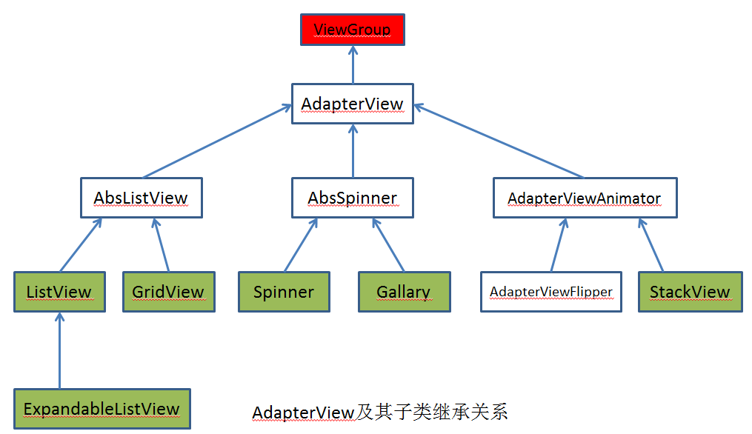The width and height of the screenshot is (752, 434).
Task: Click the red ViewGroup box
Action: (353, 30)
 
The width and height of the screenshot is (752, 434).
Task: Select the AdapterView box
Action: (353, 104)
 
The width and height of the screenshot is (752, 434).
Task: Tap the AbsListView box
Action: (142, 198)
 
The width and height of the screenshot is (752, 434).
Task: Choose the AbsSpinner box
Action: (353, 198)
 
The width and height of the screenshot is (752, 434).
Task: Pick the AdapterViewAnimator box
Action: (585, 198)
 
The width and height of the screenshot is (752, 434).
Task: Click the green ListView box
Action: (59, 292)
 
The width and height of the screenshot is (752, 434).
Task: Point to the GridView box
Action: (169, 292)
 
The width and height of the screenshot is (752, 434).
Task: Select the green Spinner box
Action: (284, 292)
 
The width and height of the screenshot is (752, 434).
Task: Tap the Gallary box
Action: (405, 292)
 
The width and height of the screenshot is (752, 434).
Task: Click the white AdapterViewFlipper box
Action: (551, 292)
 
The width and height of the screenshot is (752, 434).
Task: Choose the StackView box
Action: (690, 292)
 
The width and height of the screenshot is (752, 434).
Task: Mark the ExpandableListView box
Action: (102, 409)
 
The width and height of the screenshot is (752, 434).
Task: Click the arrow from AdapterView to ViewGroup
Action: (353, 64)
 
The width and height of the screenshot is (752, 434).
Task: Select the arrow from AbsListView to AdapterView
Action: (217, 141)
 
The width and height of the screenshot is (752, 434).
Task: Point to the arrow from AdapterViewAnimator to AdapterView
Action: (499, 141)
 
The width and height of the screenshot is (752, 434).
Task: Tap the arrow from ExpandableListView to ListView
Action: (59, 350)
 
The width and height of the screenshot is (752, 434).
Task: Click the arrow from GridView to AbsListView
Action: (162, 245)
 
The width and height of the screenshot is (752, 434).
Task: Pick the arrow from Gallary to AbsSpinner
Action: (388, 245)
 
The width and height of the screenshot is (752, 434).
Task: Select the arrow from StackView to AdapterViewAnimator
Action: (651, 245)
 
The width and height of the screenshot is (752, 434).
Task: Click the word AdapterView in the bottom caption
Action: (303, 413)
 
